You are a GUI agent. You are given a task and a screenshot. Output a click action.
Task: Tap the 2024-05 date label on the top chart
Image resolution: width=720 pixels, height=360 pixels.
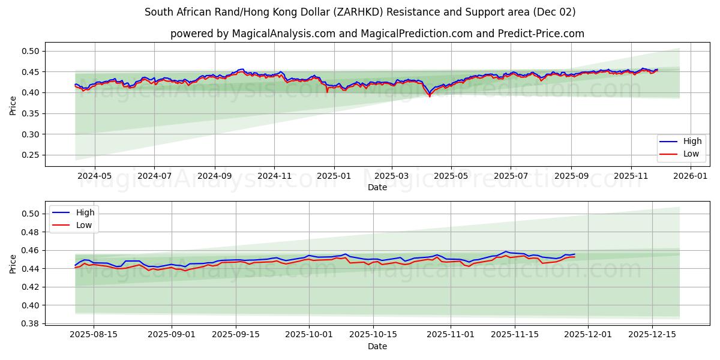(95, 176)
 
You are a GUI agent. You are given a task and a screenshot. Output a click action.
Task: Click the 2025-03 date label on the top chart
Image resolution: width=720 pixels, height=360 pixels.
(392, 176)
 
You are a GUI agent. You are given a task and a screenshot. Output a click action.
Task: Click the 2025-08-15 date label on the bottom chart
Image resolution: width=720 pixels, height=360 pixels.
(94, 335)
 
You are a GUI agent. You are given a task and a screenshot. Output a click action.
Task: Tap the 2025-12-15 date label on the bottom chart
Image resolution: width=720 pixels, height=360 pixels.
(653, 335)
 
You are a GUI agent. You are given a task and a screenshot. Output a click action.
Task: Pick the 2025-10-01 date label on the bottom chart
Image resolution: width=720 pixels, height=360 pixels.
(309, 335)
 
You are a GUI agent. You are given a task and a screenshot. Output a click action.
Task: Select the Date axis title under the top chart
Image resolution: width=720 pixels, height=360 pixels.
(377, 187)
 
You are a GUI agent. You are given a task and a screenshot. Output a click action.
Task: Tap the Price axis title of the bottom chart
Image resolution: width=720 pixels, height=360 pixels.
(13, 263)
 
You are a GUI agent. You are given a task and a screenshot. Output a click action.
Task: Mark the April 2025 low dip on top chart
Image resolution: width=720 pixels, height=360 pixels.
(430, 96)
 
